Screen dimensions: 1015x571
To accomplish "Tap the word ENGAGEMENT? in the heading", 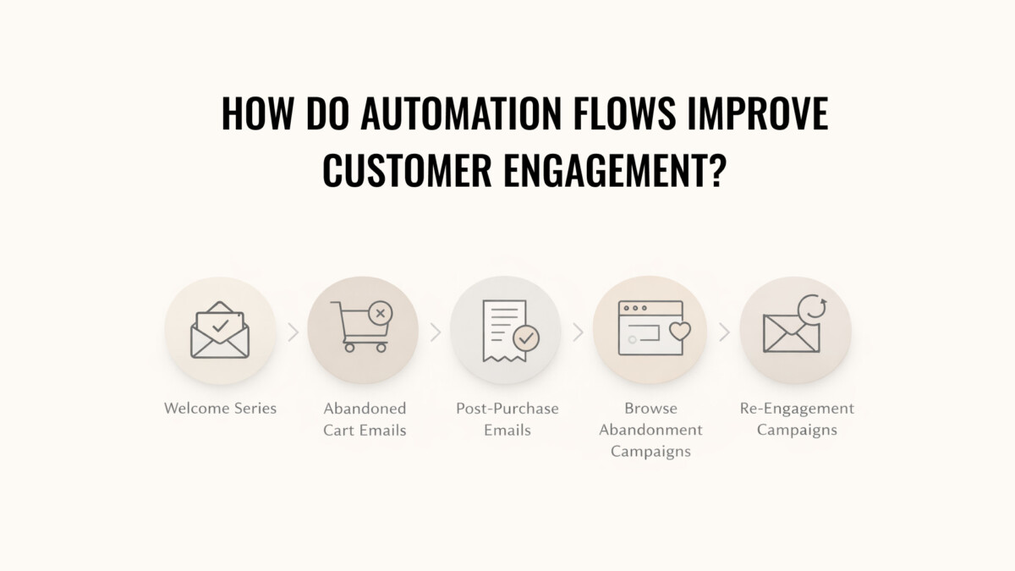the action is point(616,170).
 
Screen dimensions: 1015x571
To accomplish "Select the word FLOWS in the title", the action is point(625,113).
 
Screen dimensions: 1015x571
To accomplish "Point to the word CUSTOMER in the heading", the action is point(407,170).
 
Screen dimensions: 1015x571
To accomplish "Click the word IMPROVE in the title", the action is point(758,113).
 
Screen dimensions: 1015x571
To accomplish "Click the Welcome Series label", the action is point(220,409).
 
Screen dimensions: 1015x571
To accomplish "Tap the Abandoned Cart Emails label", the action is point(365,420).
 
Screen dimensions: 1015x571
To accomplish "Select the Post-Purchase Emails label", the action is point(507,420).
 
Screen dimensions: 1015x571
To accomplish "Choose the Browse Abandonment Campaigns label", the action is point(650,430).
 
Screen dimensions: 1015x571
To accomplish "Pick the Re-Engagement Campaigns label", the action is point(797,420).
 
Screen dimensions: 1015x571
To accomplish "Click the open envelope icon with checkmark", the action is point(220,330).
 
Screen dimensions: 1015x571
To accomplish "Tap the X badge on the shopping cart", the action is point(381,313).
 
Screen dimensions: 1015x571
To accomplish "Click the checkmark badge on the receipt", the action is point(526,338).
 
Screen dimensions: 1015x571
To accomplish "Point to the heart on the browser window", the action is point(680,332).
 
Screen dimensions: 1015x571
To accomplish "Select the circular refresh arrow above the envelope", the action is point(811,308).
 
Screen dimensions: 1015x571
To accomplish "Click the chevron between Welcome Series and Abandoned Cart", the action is point(294,332).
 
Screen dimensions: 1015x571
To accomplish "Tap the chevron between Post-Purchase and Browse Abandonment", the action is point(579,332).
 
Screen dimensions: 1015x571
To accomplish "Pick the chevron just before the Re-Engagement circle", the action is point(725,332).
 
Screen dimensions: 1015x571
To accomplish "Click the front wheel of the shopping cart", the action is point(349,348).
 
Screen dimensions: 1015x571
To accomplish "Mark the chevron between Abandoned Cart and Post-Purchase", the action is point(436,332).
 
